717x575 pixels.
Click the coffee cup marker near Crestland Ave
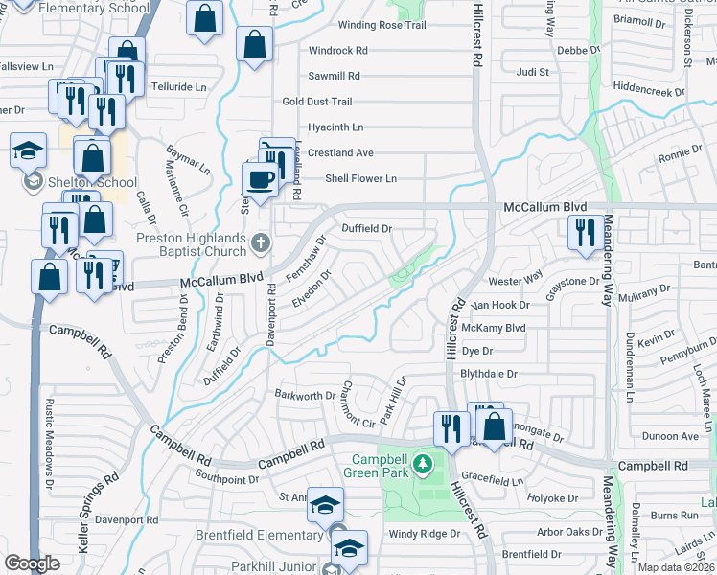tap(259, 179)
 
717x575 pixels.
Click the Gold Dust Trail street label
tap(317, 102)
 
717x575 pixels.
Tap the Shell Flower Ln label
tap(360, 178)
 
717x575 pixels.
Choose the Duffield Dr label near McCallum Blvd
tap(367, 229)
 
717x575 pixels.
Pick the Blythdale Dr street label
tap(489, 374)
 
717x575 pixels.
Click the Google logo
tap(32, 563)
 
